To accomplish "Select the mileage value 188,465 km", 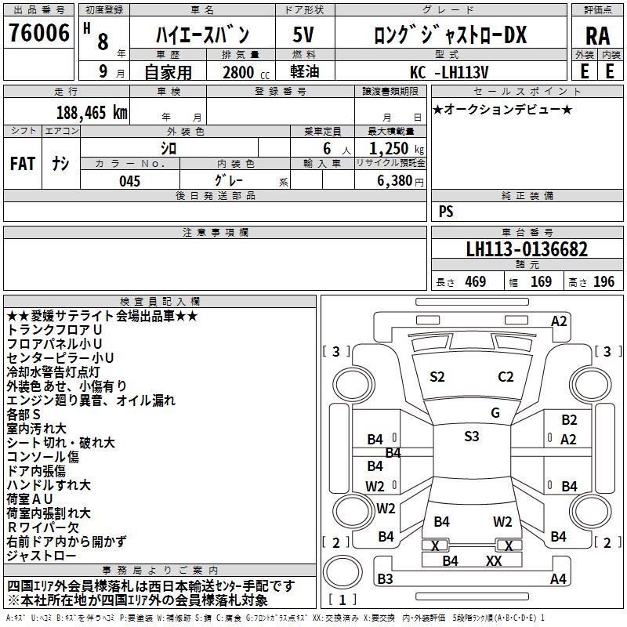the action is point(92,111).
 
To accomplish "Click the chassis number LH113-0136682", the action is point(527,249).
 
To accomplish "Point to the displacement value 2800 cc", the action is point(238,72).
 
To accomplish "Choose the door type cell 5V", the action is point(304,34).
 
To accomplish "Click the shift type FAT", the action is point(22,163).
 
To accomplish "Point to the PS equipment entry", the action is point(446,212).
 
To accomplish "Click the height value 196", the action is point(603,281).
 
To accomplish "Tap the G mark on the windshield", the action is point(495,412).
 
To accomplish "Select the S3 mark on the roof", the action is point(471,437).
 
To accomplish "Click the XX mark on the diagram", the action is point(493,560).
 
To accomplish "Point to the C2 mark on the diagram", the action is point(506,376).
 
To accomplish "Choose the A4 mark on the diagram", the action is point(558,579).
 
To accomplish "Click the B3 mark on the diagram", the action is point(385,579).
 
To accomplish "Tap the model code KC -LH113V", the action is point(450,72).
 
